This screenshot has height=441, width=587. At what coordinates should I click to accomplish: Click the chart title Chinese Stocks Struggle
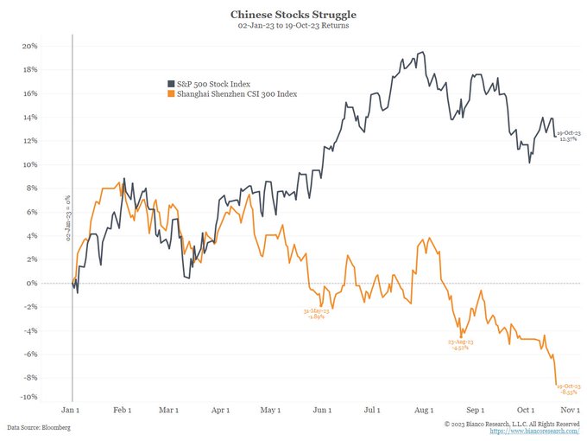coord(293,15)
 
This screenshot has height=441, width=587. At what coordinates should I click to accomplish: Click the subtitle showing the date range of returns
coord(293,26)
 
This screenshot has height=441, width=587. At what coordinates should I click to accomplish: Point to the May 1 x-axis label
coord(271,410)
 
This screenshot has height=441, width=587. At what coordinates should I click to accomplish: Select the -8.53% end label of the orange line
coord(569,388)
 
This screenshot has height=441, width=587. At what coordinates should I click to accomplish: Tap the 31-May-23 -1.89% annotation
coord(316,313)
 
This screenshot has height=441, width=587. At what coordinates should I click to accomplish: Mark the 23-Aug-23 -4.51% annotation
coord(460,345)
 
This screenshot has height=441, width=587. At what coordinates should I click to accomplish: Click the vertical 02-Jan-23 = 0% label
coord(67,218)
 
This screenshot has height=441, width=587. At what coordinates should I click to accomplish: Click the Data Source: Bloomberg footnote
coord(39,428)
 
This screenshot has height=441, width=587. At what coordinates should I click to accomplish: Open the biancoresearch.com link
coord(534,431)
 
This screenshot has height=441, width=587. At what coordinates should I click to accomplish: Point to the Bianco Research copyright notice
coord(512,423)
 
